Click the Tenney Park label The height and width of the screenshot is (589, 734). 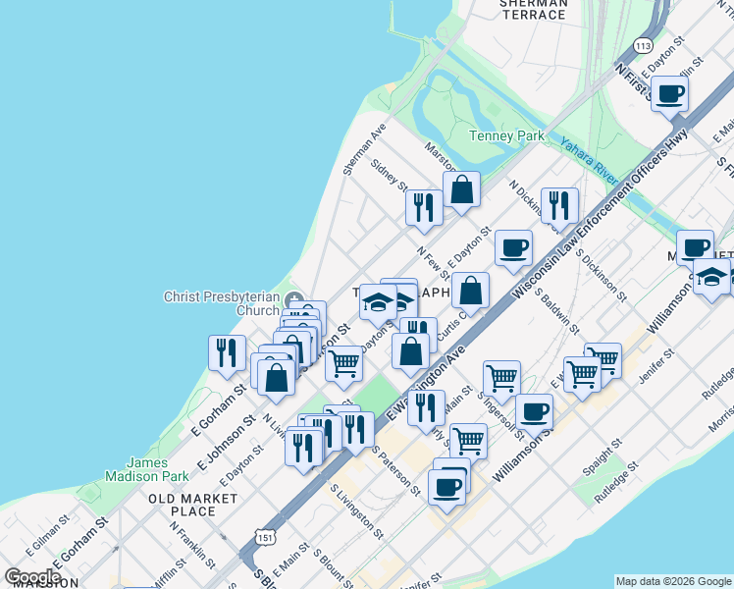click(x=506, y=135)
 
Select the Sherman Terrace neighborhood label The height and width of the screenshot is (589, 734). click(x=533, y=9)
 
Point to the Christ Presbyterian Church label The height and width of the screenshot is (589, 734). click(x=222, y=303)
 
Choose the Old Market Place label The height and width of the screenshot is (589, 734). click(x=192, y=505)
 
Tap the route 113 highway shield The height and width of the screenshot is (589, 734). click(x=644, y=46)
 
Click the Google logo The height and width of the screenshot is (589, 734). click(x=32, y=577)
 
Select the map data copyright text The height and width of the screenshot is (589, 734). click(x=672, y=580)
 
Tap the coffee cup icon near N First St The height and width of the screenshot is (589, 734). click(x=670, y=94)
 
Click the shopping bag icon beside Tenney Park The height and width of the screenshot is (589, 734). click(x=461, y=190)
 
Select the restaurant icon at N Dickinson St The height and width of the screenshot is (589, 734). click(x=559, y=204)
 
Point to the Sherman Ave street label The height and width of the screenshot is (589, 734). click(x=364, y=149)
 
